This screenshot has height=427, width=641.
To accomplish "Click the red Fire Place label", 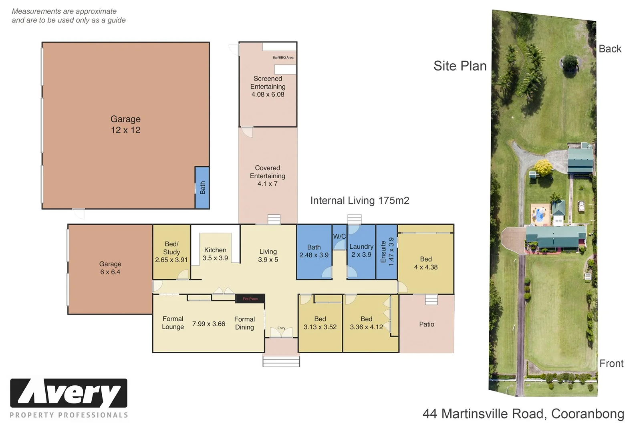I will (x=250, y=299).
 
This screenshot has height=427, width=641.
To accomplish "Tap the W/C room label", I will (x=339, y=236).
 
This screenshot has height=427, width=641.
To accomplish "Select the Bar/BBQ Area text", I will (x=283, y=57).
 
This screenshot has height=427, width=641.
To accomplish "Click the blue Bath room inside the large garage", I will (x=202, y=187).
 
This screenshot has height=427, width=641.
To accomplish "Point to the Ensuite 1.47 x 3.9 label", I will (x=387, y=252).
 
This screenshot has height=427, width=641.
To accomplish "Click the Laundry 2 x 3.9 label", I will (x=361, y=250).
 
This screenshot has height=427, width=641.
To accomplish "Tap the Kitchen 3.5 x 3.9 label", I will (x=215, y=254).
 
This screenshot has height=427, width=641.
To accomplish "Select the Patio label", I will (x=427, y=324).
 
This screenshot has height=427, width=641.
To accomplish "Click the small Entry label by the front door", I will (x=281, y=328).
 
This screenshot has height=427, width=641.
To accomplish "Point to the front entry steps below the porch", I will (x=281, y=362).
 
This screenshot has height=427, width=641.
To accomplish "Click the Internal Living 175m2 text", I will (x=360, y=201).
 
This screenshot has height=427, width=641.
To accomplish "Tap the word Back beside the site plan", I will (x=610, y=49).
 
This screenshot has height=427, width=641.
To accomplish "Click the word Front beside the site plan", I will (x=611, y=363).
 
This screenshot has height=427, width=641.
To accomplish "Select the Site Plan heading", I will (x=460, y=66).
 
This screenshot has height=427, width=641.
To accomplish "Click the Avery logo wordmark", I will (x=69, y=393).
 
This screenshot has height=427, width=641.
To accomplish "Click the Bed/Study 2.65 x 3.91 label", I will (x=171, y=252).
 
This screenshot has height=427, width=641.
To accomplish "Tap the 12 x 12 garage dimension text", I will (x=126, y=130).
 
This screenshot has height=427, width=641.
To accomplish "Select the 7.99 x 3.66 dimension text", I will (x=209, y=324).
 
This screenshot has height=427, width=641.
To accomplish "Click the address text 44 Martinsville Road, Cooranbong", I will (x=523, y=413).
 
